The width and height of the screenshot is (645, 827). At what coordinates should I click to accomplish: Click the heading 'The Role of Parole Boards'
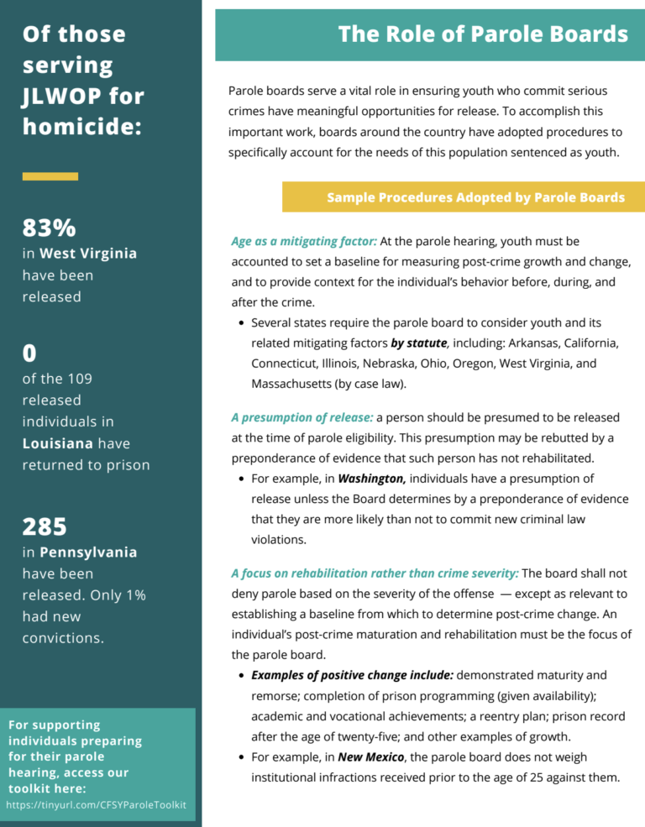tap(483, 34)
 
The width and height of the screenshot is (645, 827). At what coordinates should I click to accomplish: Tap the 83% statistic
tap(49, 228)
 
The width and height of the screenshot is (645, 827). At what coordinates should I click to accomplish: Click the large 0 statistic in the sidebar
tap(29, 353)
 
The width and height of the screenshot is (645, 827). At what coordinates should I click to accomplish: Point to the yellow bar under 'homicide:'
tap(50, 176)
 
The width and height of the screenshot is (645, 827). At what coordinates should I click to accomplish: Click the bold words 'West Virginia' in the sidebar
tap(88, 254)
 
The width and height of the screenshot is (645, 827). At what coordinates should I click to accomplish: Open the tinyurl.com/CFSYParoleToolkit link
tap(96, 805)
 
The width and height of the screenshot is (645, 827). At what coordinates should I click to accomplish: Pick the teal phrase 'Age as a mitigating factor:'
tap(304, 241)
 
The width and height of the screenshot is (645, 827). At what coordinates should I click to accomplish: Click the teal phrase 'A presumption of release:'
tap(302, 417)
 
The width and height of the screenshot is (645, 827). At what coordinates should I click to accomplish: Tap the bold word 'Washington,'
tap(372, 479)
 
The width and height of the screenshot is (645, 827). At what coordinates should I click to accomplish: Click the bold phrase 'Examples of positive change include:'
tap(352, 675)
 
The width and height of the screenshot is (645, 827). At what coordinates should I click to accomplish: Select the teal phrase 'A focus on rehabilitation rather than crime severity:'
tap(375, 573)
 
